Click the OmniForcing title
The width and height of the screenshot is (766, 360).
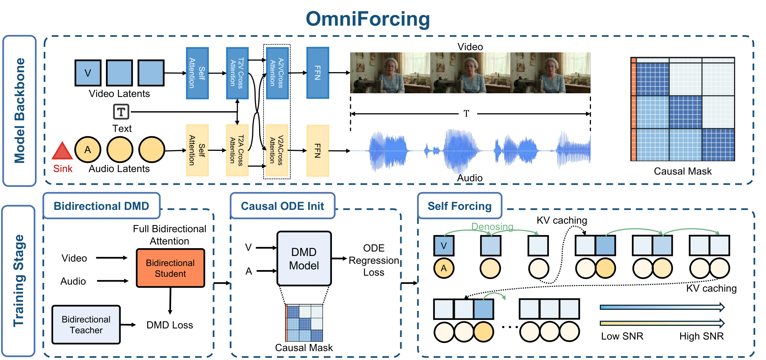click(368, 19)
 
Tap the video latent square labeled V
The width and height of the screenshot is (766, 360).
click(88, 73)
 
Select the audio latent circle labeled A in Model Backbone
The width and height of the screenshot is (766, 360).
click(88, 149)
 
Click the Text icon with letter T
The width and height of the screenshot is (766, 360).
click(121, 111)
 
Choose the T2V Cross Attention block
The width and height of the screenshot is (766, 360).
click(237, 73)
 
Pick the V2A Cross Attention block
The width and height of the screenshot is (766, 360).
click(277, 150)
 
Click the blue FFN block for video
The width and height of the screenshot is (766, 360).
click(317, 73)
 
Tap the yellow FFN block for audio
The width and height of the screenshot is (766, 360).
click(317, 150)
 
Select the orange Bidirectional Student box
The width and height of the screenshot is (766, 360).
click(170, 268)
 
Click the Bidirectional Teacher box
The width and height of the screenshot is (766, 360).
click(86, 325)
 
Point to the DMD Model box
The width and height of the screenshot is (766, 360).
click(304, 259)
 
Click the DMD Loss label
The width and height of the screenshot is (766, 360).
click(169, 325)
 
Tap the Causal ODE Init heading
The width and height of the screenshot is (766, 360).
click(282, 206)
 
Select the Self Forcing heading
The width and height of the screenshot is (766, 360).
click(459, 206)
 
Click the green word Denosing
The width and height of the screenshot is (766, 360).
click(492, 227)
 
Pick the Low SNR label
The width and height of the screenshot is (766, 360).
click(622, 336)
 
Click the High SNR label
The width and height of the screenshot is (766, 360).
click(701, 336)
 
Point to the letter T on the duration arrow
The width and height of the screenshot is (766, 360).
click(466, 114)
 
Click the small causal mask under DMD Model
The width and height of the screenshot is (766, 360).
click(304, 323)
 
